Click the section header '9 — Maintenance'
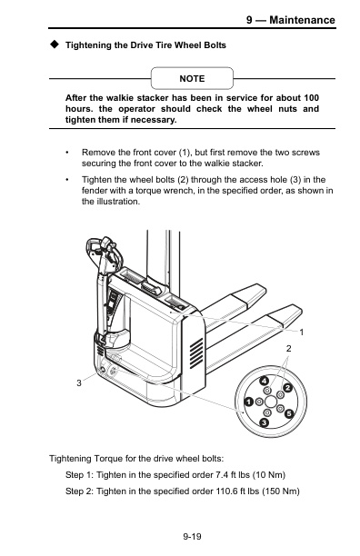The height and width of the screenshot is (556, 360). point(290,20)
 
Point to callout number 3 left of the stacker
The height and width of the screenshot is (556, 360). point(79,384)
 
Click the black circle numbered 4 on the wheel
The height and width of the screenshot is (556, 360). point(263,380)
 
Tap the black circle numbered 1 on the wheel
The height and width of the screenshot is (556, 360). point(246,402)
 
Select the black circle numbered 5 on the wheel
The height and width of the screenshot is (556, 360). point(289,413)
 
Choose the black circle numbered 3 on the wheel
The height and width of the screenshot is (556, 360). point(263,423)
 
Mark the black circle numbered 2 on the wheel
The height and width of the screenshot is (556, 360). point(287,389)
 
